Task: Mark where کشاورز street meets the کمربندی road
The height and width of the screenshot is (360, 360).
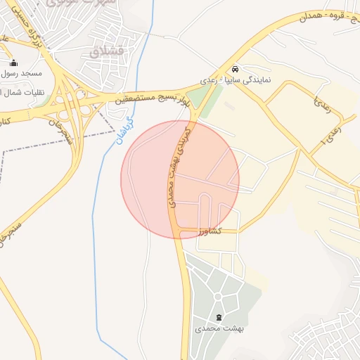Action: pos(180,231)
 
